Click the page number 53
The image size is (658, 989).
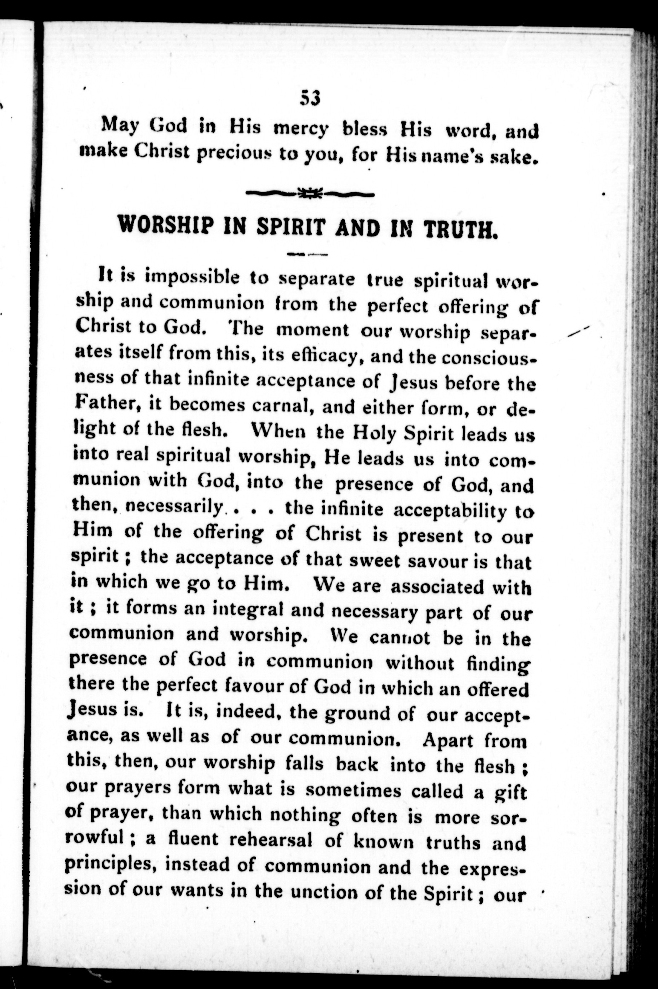[309, 98]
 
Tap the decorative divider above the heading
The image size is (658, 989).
[310, 195]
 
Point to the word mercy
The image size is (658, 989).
[301, 128]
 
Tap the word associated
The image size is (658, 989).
[438, 587]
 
